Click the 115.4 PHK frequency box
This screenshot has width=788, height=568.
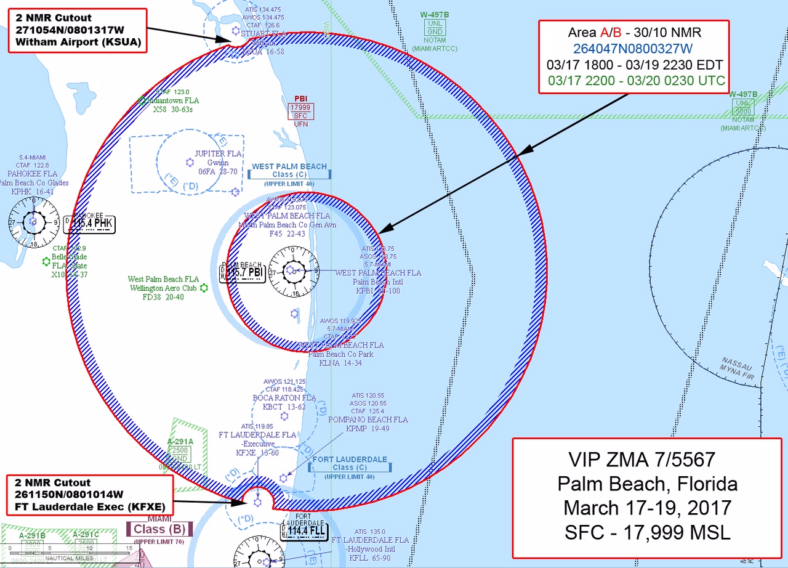pyautogui.click(x=93, y=223)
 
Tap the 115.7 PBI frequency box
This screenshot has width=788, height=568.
pyautogui.click(x=245, y=272)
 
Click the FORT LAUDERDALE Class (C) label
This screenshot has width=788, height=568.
pyautogui.click(x=350, y=463)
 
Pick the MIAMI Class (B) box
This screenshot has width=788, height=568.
pyautogui.click(x=159, y=529)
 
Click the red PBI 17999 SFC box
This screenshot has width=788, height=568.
pyautogui.click(x=301, y=111)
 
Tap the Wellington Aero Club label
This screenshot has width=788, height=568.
pyautogui.click(x=164, y=288)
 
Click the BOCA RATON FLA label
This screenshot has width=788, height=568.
pyautogui.click(x=284, y=398)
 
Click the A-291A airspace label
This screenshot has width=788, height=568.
pyautogui.click(x=180, y=441)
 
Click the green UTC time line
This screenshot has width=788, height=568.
pyautogui.click(x=637, y=81)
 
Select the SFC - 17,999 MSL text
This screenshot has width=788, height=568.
pyautogui.click(x=647, y=532)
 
